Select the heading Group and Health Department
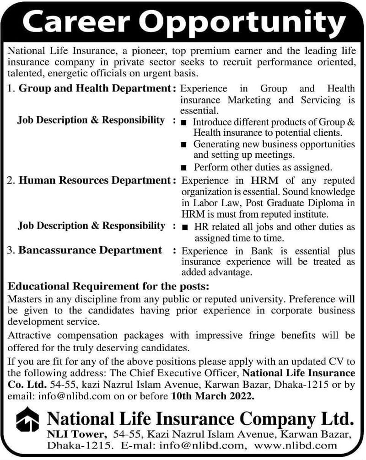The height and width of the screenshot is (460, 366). coord(94,89)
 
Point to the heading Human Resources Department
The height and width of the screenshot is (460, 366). coord(95,181)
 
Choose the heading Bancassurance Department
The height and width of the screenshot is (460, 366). coord(90,250)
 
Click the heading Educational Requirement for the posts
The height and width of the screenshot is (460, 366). coord(108,287)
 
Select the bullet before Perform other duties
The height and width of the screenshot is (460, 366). coord(183,167)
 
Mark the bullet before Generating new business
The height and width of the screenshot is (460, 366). coord(183,144)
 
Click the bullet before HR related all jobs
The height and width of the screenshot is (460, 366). coord(183,227)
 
